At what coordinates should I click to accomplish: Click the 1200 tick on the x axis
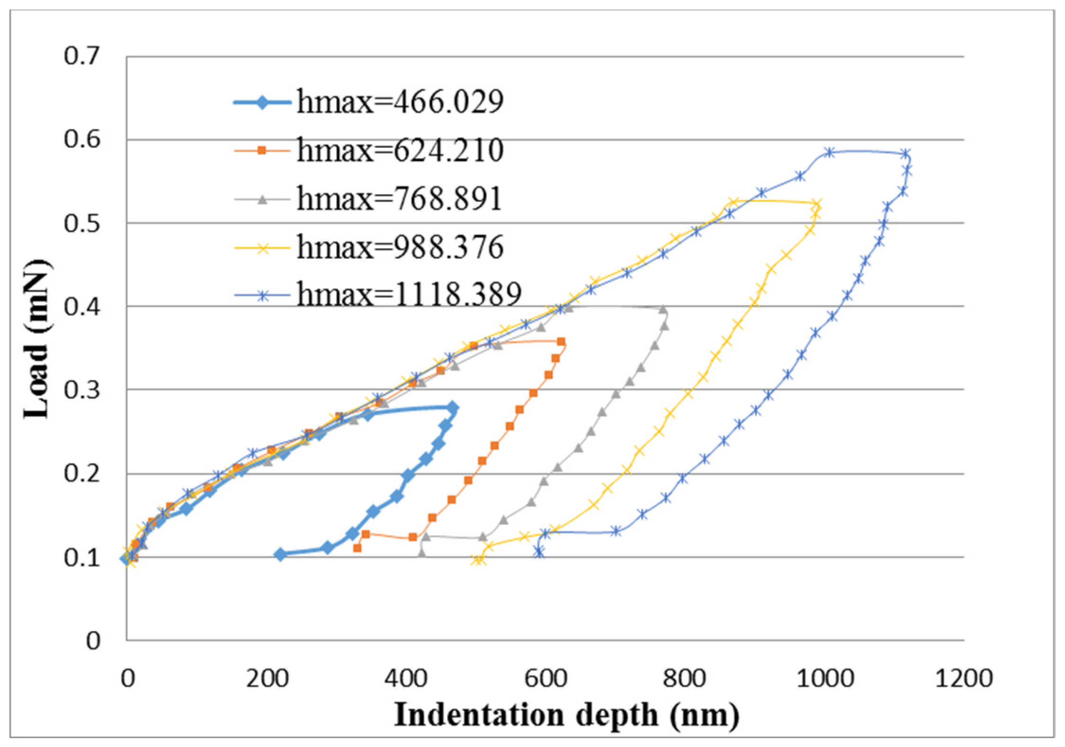tap(963, 678)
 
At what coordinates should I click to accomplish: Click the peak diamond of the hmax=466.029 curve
tap(453, 407)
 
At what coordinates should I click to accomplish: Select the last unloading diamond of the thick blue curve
tap(280, 555)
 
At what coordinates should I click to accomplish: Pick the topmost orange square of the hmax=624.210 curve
tap(561, 342)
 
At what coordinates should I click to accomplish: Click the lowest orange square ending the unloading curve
tap(358, 548)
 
